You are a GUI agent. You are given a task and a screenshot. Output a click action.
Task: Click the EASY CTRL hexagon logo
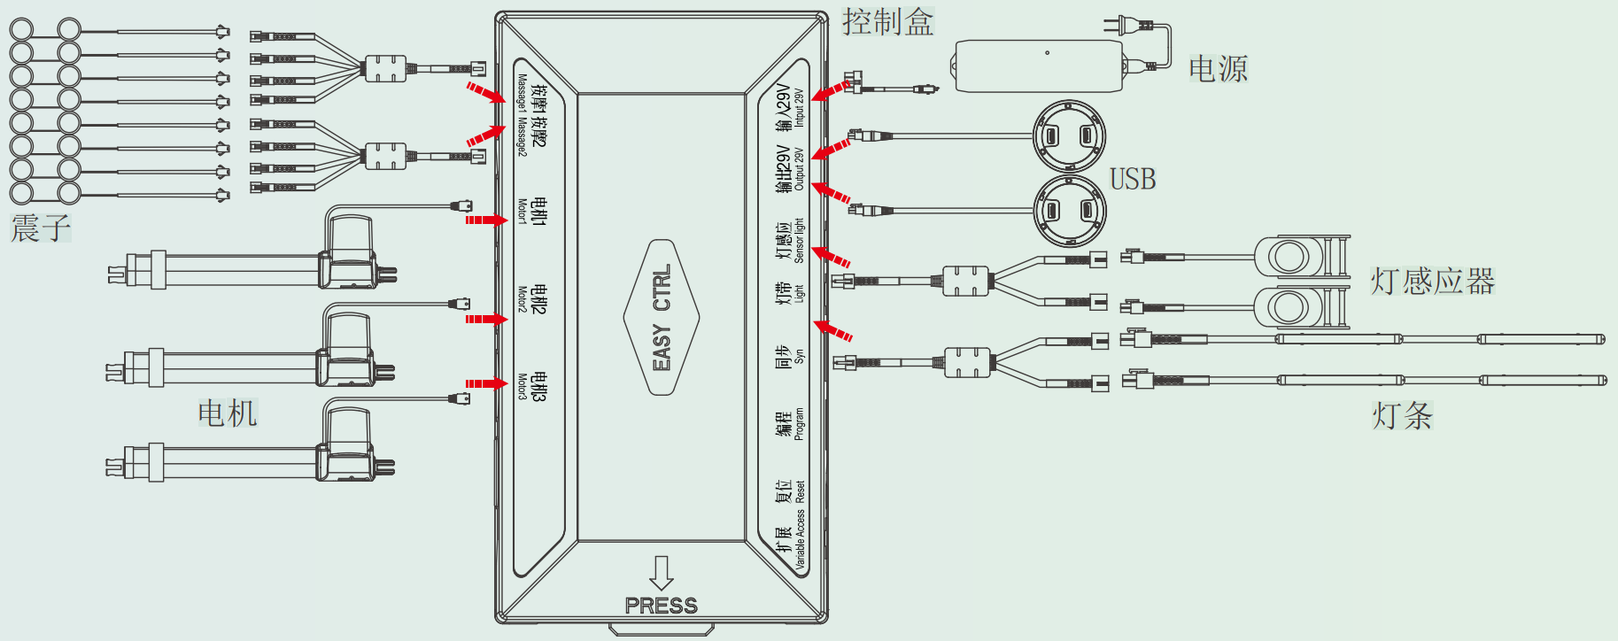[x=662, y=317]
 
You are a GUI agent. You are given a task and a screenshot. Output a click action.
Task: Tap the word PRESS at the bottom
[x=661, y=606]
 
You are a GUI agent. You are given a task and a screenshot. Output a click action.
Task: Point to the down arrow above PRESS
[x=661, y=572]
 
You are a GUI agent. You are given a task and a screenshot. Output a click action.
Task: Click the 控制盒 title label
[x=887, y=22]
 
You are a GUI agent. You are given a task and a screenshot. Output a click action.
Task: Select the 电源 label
[x=1218, y=68]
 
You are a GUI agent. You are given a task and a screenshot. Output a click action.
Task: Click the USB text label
[x=1133, y=180]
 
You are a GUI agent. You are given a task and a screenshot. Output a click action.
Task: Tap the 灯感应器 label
[x=1432, y=282]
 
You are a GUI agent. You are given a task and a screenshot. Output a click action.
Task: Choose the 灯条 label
[x=1402, y=415]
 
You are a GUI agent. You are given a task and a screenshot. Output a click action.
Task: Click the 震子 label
[x=40, y=228]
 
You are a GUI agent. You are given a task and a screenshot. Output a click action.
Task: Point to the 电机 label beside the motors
[x=228, y=413]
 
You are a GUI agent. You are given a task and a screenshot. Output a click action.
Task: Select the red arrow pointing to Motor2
[x=485, y=319]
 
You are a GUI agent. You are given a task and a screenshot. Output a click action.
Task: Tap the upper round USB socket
[x=1069, y=136]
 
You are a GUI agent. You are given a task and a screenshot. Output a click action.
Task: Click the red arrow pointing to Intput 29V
[x=830, y=90]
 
